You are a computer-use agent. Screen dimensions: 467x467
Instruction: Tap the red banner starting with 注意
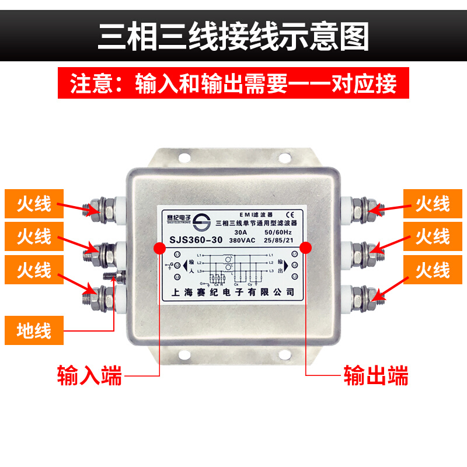point(233,84)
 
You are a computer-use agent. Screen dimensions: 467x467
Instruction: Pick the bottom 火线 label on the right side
point(433,270)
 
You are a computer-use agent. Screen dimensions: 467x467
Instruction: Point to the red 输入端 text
point(89,375)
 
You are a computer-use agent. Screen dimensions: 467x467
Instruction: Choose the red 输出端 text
point(376,375)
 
